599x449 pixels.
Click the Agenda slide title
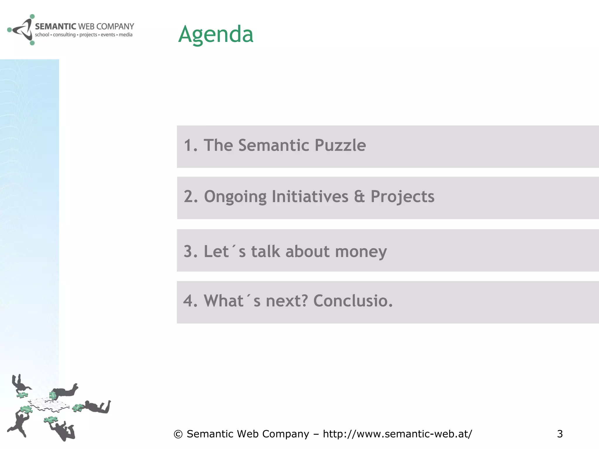[216, 34]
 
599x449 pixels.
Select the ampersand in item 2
[359, 196]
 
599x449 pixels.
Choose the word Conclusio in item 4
[352, 301]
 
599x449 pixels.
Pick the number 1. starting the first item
[190, 145]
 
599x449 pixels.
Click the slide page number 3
[560, 434]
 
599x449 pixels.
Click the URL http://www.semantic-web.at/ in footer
[397, 434]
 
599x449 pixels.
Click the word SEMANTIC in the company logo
[55, 27]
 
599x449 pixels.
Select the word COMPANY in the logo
[115, 27]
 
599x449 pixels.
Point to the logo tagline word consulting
[64, 35]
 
